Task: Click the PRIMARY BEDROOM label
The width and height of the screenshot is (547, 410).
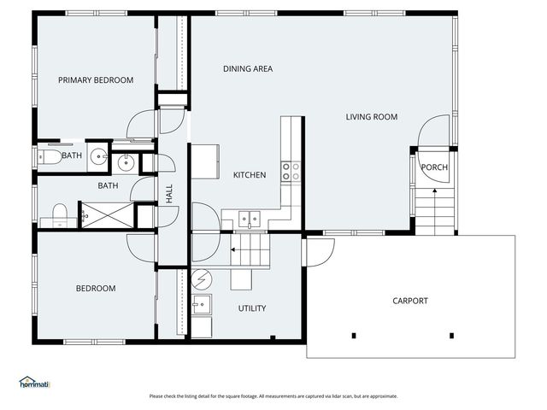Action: click(96, 80)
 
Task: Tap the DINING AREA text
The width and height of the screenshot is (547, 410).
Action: click(248, 69)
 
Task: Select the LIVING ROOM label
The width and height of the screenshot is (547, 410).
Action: click(372, 117)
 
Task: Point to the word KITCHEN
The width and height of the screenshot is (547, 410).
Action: click(250, 175)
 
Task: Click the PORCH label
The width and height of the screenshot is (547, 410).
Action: click(434, 167)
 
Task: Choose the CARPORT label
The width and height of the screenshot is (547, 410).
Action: click(410, 301)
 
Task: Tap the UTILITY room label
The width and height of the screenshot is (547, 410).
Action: click(252, 308)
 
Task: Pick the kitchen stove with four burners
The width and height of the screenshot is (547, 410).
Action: click(291, 171)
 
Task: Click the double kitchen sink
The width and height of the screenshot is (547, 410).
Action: click(249, 220)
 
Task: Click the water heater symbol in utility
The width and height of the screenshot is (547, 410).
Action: click(203, 278)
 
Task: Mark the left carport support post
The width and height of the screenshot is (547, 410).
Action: click(353, 335)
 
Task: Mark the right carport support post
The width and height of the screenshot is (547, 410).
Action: click(451, 335)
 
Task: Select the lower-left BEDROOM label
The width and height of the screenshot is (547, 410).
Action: click(96, 289)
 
